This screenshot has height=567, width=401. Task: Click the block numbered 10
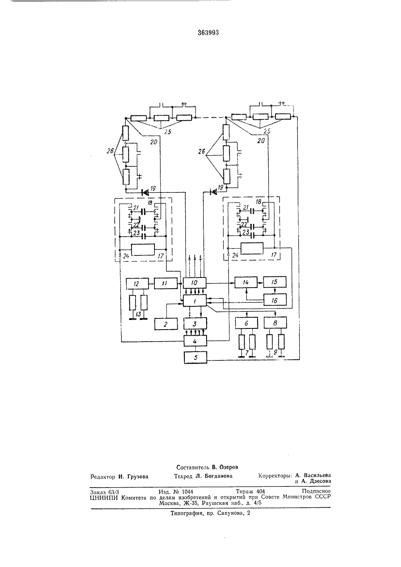194,282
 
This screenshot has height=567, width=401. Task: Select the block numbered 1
194,301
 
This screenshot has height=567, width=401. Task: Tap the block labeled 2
166,324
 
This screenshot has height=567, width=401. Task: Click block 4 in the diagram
195,341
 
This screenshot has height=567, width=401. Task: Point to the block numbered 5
195,358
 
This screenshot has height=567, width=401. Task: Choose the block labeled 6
247,323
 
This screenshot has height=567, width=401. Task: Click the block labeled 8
275,323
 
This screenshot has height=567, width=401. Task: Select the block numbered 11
166,283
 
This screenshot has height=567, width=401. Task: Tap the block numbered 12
137,283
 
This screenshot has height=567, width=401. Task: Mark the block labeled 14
246,282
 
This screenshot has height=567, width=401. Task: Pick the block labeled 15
275,282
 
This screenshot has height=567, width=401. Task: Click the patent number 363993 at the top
208,33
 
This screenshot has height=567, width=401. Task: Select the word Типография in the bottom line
187,513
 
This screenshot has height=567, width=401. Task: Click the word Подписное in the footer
316,491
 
